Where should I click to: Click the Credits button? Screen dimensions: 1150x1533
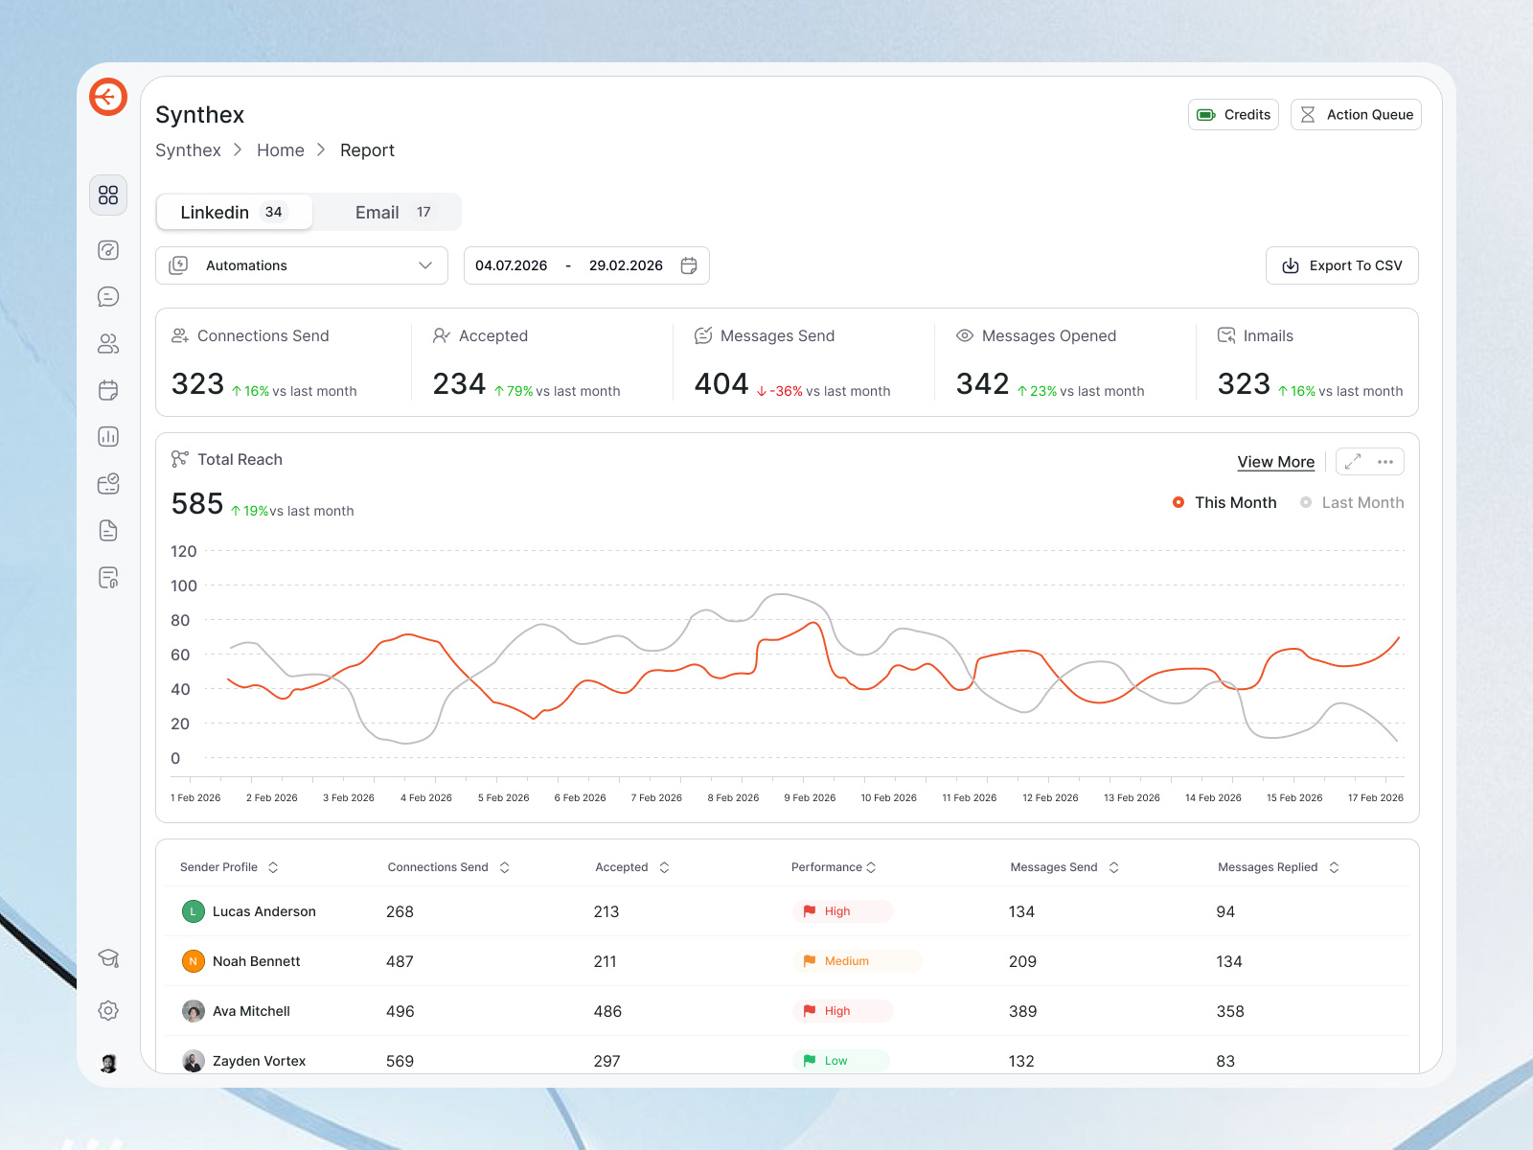click(1233, 115)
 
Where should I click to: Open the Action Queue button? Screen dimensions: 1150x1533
click(1356, 115)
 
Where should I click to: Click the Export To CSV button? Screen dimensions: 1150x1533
click(1341, 265)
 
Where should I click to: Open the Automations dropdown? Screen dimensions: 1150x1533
click(302, 265)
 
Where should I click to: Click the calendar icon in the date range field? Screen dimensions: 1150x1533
click(689, 265)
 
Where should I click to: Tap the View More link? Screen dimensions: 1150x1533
click(1275, 462)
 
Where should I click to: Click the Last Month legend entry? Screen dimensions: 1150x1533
click(1352, 503)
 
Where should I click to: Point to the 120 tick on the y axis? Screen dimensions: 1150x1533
click(183, 551)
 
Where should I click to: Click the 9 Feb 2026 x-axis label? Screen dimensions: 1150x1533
click(810, 797)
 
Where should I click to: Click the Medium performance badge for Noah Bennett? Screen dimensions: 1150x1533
click(846, 961)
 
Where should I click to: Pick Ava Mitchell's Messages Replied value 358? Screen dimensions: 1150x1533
click(1230, 1011)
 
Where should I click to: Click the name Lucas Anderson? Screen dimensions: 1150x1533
click(263, 911)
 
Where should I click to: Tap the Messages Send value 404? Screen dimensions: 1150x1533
click(721, 384)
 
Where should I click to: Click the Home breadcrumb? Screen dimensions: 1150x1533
click(280, 150)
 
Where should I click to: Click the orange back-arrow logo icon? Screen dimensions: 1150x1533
click(108, 97)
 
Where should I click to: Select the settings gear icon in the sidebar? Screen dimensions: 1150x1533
click(108, 1010)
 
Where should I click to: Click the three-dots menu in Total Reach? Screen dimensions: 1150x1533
click(1385, 462)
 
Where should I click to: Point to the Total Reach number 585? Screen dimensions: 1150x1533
click(197, 504)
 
